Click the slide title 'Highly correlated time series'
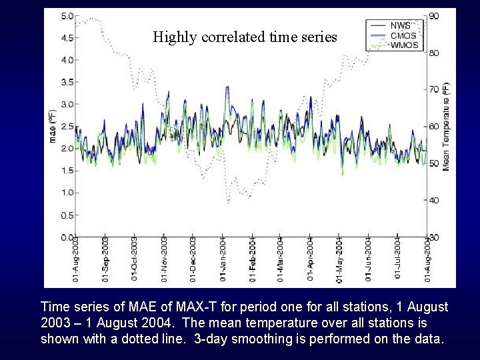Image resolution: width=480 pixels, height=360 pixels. click(x=245, y=37)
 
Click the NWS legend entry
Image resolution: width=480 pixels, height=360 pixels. click(x=400, y=25)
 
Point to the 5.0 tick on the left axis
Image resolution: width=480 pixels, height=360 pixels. click(x=67, y=16)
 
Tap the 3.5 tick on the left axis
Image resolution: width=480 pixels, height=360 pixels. click(x=67, y=82)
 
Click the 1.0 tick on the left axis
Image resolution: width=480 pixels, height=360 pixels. click(x=67, y=193)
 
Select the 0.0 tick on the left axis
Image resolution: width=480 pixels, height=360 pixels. click(x=67, y=237)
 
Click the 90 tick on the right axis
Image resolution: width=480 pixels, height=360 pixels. click(x=433, y=16)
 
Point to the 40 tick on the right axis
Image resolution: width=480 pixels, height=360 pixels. click(x=433, y=200)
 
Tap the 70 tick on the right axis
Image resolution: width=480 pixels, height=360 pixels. click(x=433, y=89)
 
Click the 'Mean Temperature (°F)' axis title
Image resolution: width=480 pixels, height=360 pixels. click(x=446, y=126)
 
